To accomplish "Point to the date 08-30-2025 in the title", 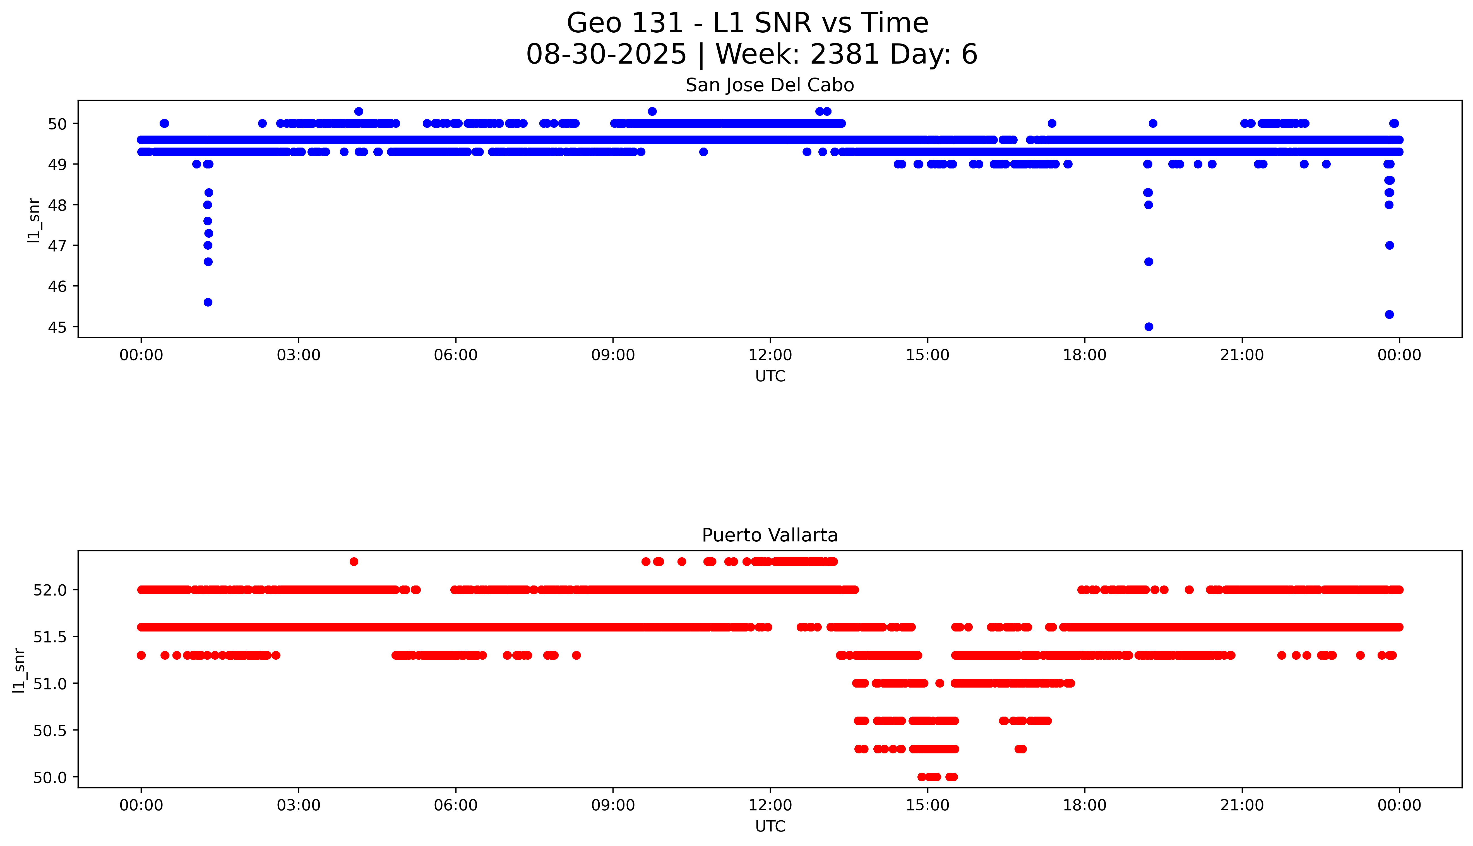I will [606, 55].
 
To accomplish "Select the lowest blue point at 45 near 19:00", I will [1148, 327].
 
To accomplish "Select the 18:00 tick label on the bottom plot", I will [1084, 805].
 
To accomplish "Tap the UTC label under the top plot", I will [770, 377].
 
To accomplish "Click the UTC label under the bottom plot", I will [770, 826].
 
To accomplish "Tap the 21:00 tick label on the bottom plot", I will [1242, 805].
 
